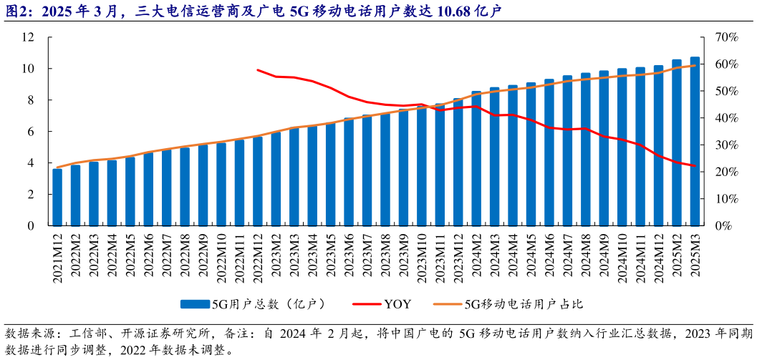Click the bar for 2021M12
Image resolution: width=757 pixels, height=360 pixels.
57,197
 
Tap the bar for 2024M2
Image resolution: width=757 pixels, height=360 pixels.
476,158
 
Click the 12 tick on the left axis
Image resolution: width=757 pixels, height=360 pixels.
28,37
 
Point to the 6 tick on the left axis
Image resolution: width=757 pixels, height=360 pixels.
31,132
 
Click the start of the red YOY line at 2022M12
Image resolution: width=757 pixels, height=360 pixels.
257,70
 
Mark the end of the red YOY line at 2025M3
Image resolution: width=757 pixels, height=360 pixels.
695,166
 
